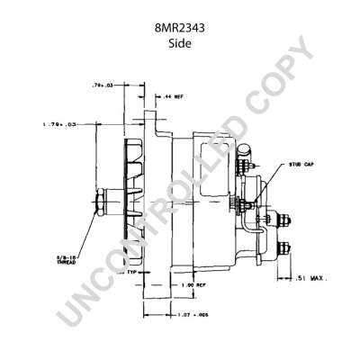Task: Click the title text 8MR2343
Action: (x=179, y=28)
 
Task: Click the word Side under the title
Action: (x=179, y=42)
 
